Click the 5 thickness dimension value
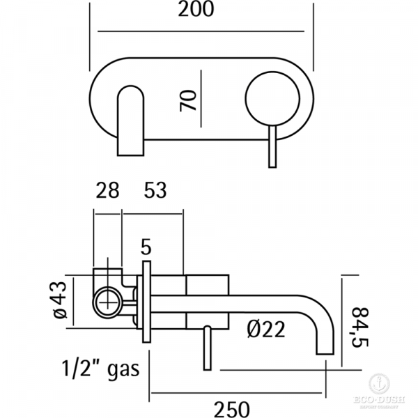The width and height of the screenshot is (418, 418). point(146,246)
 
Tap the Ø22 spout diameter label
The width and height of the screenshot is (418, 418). point(265,328)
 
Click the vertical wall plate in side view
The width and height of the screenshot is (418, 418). point(146,303)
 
